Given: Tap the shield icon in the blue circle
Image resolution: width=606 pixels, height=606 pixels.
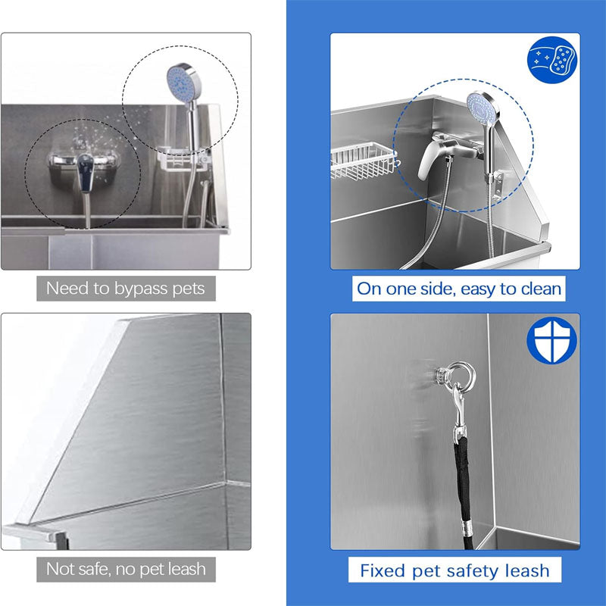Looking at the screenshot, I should [551, 341].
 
